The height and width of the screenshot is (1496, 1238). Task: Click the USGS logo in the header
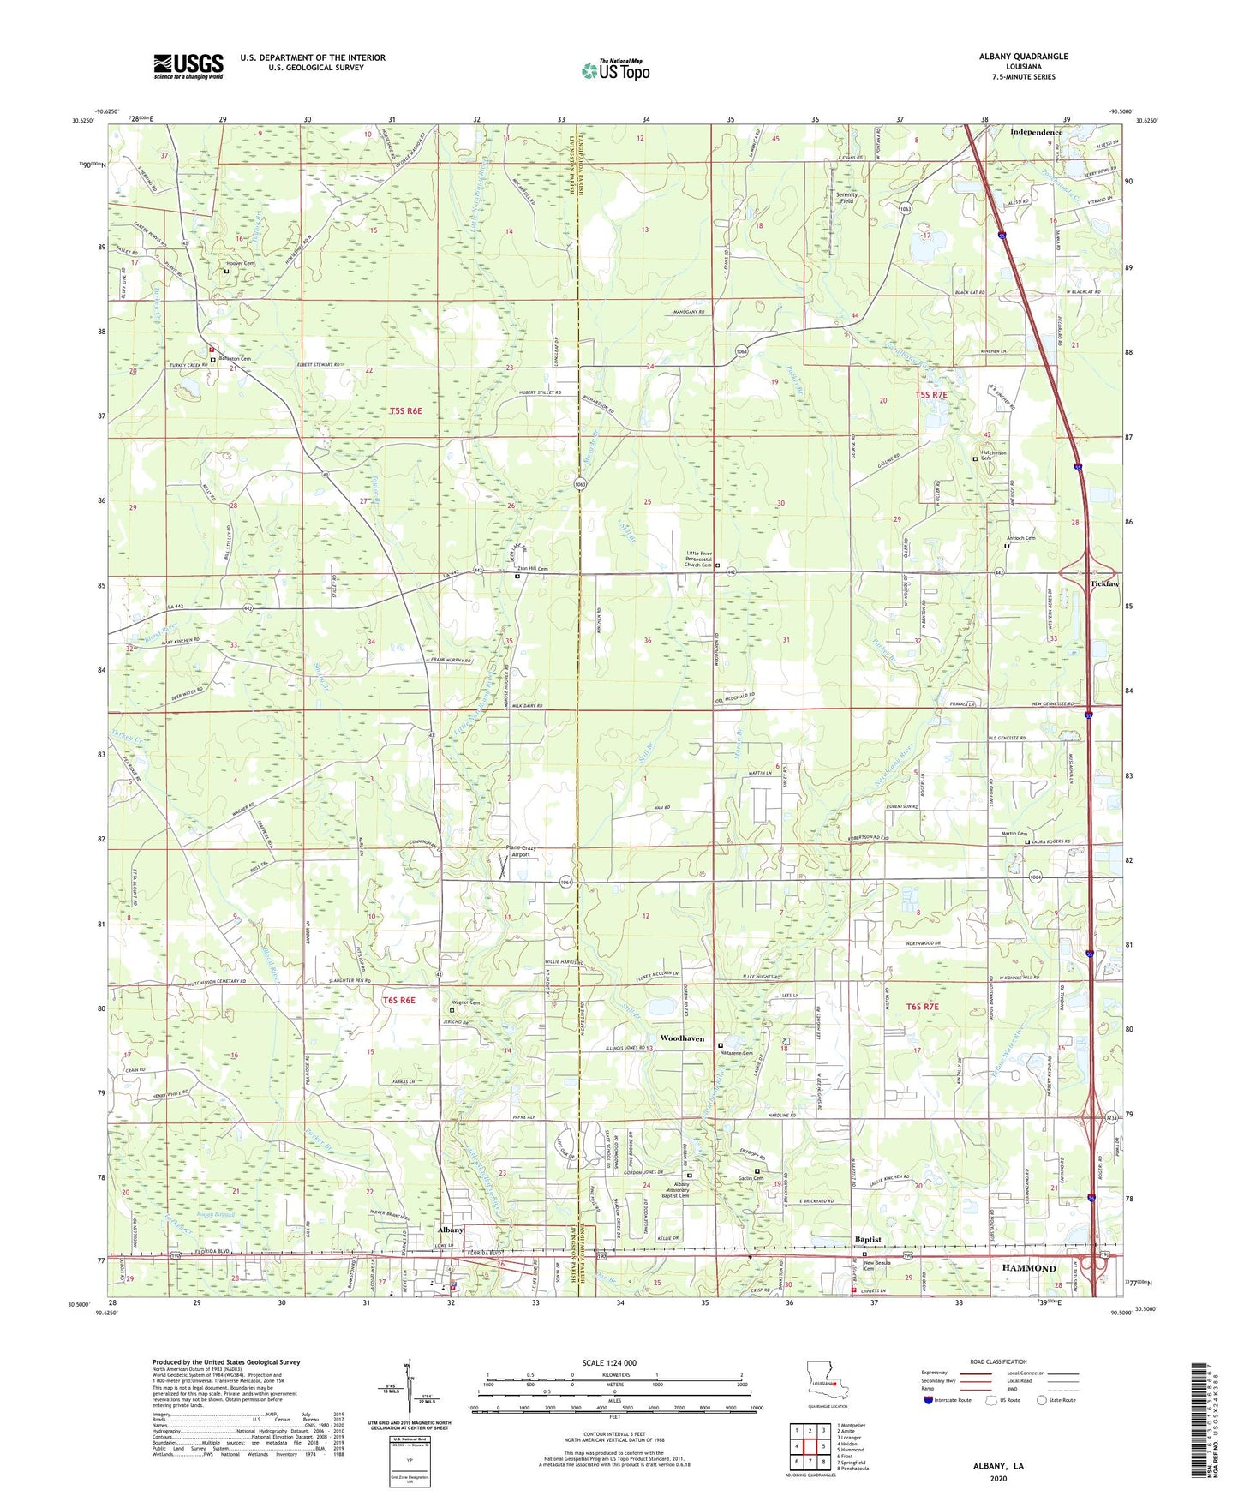tap(188, 66)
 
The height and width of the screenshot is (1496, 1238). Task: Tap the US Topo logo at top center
tap(615, 70)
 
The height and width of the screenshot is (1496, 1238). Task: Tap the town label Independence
tap(1036, 132)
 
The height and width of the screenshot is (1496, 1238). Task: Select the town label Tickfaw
tap(1104, 583)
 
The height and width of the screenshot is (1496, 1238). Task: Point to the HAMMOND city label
tap(1029, 1267)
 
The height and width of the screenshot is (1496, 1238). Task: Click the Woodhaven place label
tap(682, 1038)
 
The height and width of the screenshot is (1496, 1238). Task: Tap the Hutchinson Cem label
tap(993, 454)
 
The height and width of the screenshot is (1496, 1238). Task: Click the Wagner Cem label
tap(466, 1002)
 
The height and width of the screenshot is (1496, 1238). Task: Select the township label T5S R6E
tap(406, 411)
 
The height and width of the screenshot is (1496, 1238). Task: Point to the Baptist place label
tap(868, 1239)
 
